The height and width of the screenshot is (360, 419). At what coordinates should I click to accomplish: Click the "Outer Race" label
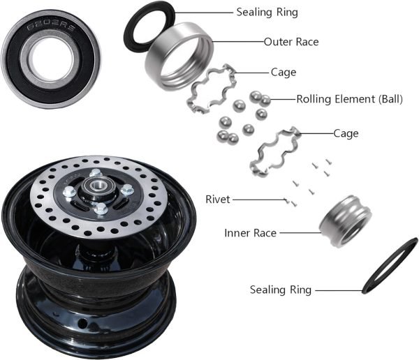point(291,42)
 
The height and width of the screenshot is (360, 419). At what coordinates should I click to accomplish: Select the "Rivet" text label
point(217,200)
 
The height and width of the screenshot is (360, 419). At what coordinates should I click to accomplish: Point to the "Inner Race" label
point(249,232)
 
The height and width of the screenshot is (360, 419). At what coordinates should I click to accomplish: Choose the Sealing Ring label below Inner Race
point(281,290)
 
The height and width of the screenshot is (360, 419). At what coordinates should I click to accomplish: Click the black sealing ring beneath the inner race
point(391,265)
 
